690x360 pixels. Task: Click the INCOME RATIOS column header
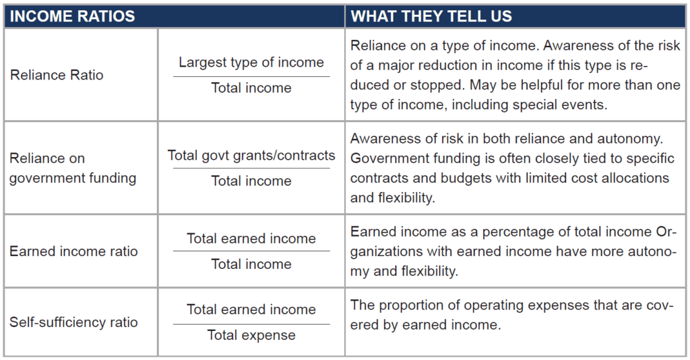click(x=72, y=16)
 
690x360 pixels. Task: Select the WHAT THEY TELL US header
click(x=431, y=16)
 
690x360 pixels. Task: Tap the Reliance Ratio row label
click(x=57, y=75)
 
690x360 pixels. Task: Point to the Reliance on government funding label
click(x=73, y=168)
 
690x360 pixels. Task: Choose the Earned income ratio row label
click(x=73, y=251)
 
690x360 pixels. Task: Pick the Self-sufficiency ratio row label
click(x=73, y=322)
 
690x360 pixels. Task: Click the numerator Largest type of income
click(x=251, y=63)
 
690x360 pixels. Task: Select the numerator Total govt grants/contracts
click(x=251, y=155)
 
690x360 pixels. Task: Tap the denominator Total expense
click(x=251, y=335)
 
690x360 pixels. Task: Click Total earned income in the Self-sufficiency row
click(x=251, y=309)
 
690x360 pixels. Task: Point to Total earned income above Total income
click(x=251, y=239)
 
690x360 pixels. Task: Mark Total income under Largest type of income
click(x=251, y=88)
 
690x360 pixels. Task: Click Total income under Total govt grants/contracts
click(x=251, y=181)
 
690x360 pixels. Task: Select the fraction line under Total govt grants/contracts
click(x=251, y=168)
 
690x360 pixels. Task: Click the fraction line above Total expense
click(x=251, y=324)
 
